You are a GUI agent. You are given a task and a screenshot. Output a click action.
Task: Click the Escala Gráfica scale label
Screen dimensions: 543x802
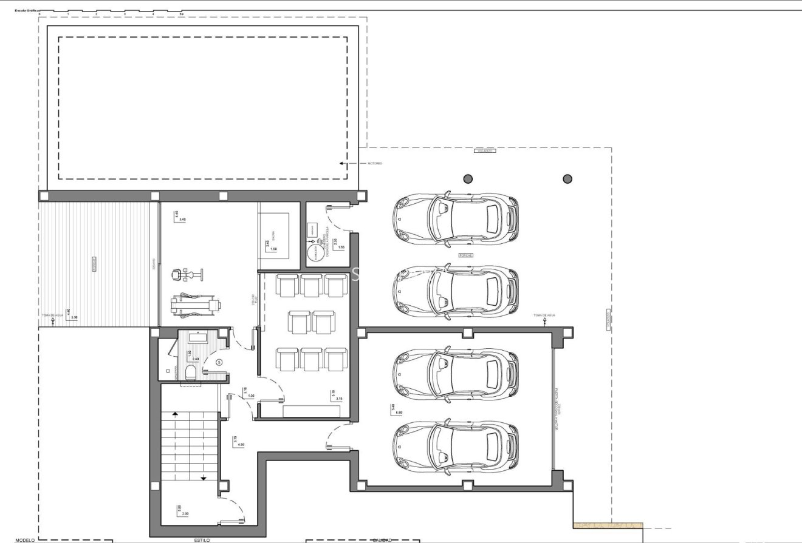pos(27,11)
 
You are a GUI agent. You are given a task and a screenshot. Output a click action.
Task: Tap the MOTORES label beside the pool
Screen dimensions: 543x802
pos(375,163)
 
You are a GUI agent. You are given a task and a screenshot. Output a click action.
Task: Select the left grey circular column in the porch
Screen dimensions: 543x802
pos(468,178)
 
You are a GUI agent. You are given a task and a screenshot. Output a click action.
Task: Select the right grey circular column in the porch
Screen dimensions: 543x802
pos(567,178)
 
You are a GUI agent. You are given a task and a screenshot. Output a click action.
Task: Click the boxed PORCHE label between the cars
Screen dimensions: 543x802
pos(466,255)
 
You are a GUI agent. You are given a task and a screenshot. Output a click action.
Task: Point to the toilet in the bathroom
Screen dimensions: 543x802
pos(191,372)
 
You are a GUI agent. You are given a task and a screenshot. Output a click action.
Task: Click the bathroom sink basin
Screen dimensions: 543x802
pos(199,337)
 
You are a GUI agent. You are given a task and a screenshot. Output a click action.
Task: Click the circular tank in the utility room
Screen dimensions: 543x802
pos(315,252)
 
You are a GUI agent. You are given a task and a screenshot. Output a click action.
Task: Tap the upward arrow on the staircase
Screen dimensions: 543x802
pos(176,414)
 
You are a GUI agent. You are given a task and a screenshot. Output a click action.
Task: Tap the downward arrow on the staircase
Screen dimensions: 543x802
pos(204,478)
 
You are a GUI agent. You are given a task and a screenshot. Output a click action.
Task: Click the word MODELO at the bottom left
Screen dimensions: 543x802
pos(26,539)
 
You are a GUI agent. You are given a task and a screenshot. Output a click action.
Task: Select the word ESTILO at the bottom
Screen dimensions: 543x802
pos(202,539)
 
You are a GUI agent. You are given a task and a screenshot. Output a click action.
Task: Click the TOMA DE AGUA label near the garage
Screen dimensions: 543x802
pos(544,315)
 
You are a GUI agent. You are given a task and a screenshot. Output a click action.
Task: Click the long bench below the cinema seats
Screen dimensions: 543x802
pos(312,411)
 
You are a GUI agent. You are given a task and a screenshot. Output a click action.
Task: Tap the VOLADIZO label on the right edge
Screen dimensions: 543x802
pos(609,320)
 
